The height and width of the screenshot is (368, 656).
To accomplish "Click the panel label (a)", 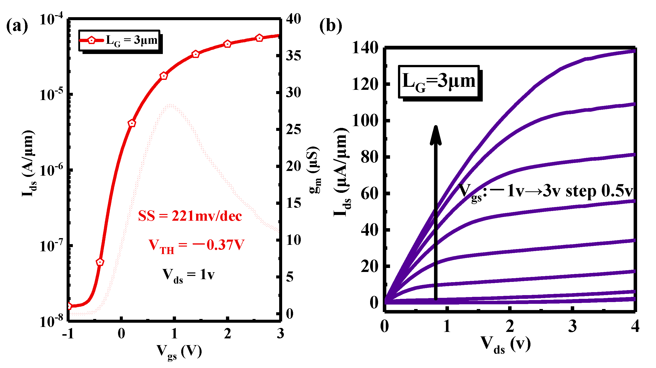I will [17, 26].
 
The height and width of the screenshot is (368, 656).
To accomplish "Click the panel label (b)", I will [331, 26].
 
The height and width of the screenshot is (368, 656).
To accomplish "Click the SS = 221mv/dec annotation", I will [190, 216].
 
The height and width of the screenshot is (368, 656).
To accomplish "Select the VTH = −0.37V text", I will [196, 246].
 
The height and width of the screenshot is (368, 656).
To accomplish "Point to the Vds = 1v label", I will [188, 275].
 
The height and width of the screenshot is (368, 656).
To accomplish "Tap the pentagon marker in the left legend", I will [91, 40].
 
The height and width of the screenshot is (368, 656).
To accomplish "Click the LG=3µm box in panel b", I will [439, 82].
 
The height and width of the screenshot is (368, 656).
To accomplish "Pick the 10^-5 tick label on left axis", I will [51, 95].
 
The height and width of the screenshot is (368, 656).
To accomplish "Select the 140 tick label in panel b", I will [365, 48].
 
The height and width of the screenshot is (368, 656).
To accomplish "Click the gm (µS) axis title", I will [315, 170].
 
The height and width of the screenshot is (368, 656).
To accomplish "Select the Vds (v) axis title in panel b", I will [506, 345].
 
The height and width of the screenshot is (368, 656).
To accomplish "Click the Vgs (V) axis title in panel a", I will [179, 352].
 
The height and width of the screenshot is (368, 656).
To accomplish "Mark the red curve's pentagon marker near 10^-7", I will [100, 262].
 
